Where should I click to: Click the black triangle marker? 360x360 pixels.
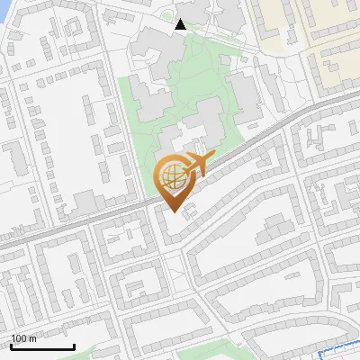[x=181, y=24]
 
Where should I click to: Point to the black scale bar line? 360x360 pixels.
[x=42, y=346]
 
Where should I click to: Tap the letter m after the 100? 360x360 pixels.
[x=33, y=339]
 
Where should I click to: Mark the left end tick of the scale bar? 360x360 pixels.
[x=11, y=346]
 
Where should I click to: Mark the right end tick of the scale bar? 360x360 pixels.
[x=74, y=346]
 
